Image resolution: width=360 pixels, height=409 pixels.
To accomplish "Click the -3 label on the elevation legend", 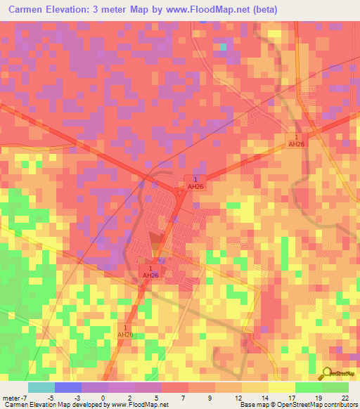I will tap(79, 397).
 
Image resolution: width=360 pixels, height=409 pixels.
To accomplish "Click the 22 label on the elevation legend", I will tap(345, 397).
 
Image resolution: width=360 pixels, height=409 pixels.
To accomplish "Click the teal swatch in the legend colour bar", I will tap(41, 387).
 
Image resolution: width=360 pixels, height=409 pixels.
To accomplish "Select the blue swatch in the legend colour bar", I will tap(67, 387).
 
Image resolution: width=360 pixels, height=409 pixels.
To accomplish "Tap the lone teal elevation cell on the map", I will tap(224, 46).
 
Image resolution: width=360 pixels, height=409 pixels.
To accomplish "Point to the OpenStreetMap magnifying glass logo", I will tap(327, 375).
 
